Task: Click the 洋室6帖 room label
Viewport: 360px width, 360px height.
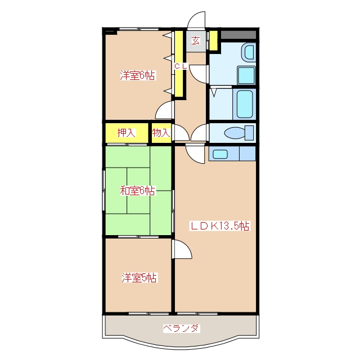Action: click(138, 75)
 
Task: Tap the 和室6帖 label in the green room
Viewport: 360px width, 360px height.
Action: click(138, 191)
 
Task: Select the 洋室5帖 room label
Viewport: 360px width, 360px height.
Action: click(139, 278)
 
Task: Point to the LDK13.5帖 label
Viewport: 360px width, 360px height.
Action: click(219, 226)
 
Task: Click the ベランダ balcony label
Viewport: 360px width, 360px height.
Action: click(181, 328)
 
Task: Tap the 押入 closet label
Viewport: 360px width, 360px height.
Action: click(127, 133)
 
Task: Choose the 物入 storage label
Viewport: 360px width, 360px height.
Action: click(161, 133)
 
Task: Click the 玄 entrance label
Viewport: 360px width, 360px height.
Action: click(196, 41)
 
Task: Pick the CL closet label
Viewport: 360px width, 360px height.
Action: click(181, 66)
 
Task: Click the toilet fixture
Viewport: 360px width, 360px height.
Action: click(238, 133)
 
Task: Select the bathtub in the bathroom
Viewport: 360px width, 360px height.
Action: click(245, 104)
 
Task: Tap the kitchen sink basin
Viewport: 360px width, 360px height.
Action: click(220, 154)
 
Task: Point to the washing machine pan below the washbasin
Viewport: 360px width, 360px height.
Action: click(246, 75)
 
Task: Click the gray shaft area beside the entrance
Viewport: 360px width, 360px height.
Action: click(238, 35)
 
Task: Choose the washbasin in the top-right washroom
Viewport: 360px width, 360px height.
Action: click(249, 52)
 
